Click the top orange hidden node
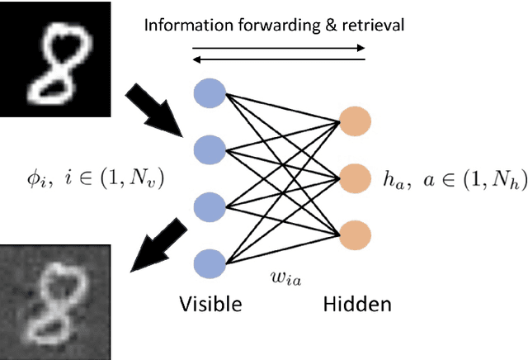tap(356, 121)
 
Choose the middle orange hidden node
tap(356, 177)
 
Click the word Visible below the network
tap(210, 305)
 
